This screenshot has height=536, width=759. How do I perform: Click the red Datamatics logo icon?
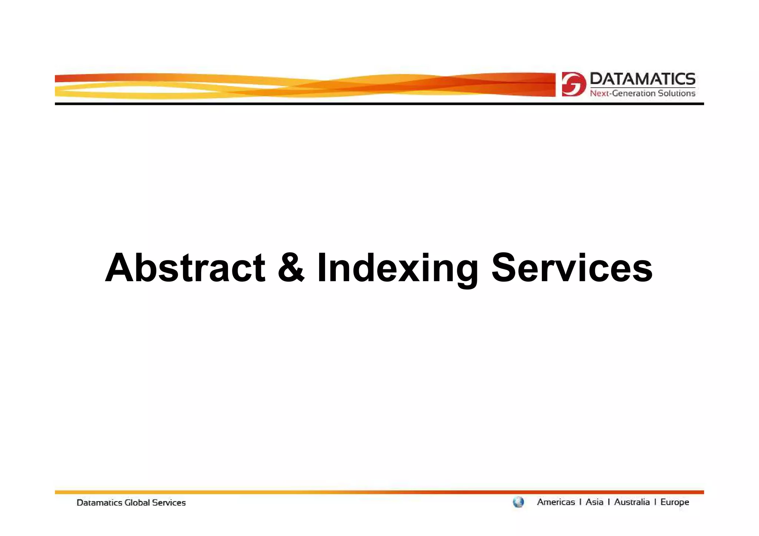(573, 84)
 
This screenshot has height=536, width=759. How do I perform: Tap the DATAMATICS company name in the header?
(642, 79)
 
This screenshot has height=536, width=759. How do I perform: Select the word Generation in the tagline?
(634, 93)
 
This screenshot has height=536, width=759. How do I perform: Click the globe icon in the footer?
(518, 502)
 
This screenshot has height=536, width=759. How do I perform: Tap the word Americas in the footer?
(556, 502)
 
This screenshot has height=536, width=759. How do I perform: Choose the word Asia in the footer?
(594, 502)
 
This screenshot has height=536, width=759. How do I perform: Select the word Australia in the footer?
(632, 502)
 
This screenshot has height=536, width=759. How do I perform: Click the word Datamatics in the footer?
(99, 503)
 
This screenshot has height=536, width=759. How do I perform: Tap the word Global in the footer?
(137, 503)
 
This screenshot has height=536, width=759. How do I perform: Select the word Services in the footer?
(169, 503)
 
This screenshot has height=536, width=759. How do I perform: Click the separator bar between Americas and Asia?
(580, 502)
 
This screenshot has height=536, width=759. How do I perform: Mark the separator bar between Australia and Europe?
(655, 502)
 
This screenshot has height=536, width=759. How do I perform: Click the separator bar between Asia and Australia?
(609, 502)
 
